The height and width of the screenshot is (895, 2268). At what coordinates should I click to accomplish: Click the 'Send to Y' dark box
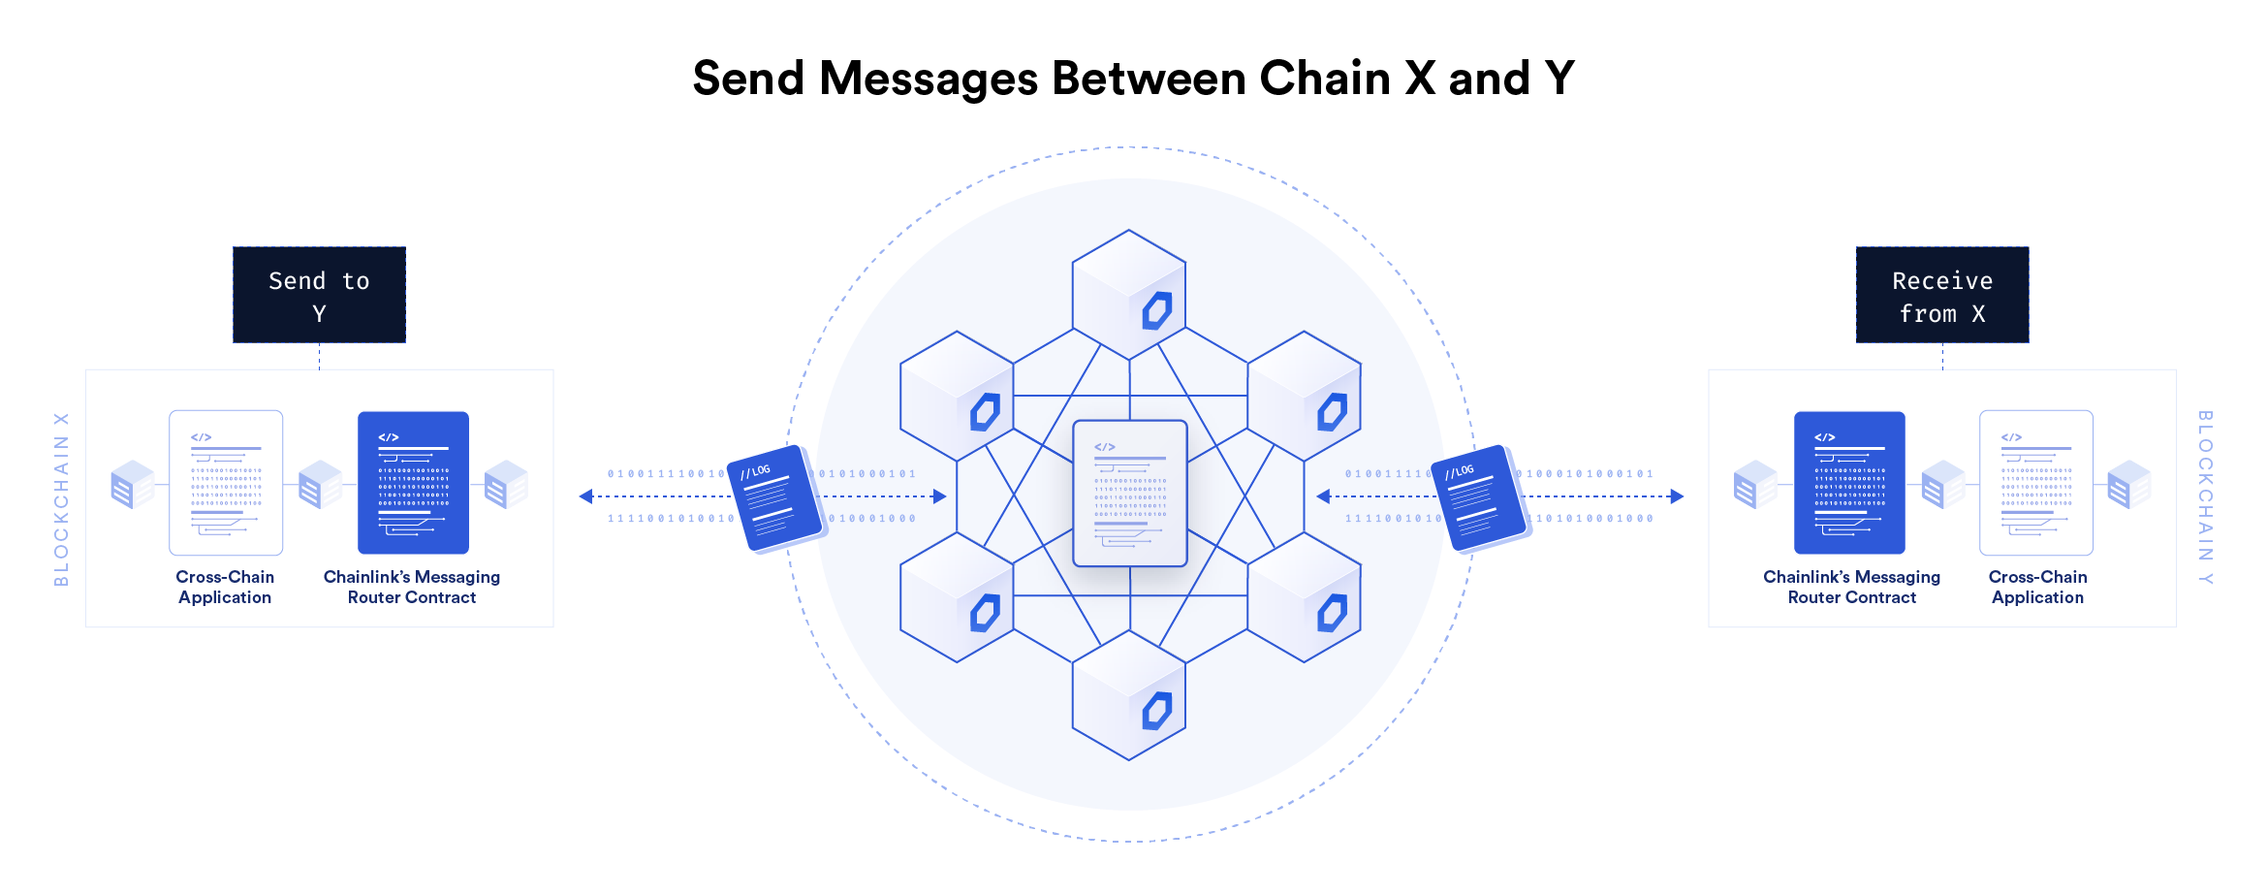point(319,295)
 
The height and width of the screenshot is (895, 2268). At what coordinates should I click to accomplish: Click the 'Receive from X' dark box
point(1941,295)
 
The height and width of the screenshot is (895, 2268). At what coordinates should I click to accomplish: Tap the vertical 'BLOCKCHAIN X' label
point(61,499)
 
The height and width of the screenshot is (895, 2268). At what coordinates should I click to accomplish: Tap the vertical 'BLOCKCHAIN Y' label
point(2205,497)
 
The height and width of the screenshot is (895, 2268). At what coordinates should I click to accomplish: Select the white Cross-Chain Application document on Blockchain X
point(226,483)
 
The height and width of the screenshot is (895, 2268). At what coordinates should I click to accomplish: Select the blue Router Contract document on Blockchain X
point(413,483)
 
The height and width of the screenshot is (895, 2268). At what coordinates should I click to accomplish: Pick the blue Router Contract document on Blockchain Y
point(1849,483)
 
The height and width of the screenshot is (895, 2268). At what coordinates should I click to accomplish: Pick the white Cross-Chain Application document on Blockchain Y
point(2035,483)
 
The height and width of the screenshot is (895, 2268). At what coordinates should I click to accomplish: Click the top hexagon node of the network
point(1129,295)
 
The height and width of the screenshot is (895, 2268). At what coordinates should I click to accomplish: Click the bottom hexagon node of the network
point(1129,696)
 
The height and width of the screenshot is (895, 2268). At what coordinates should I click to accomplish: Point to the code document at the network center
point(1130,494)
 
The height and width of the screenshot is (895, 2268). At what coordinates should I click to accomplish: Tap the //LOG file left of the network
point(774,497)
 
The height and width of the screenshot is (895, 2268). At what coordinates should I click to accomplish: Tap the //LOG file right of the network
point(1479,497)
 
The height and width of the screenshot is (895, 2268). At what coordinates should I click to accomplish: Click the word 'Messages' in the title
point(929,79)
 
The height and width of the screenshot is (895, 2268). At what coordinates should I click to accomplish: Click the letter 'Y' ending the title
point(1559,79)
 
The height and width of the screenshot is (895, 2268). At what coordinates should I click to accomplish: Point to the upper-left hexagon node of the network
point(957,396)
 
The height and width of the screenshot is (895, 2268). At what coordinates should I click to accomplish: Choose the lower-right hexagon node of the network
point(1304,597)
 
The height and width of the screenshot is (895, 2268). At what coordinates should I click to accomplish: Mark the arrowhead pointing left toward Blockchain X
point(585,496)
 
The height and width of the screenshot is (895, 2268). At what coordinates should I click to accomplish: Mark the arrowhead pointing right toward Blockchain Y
point(1677,496)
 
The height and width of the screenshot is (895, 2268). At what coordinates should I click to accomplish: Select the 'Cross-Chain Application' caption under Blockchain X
point(225,587)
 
